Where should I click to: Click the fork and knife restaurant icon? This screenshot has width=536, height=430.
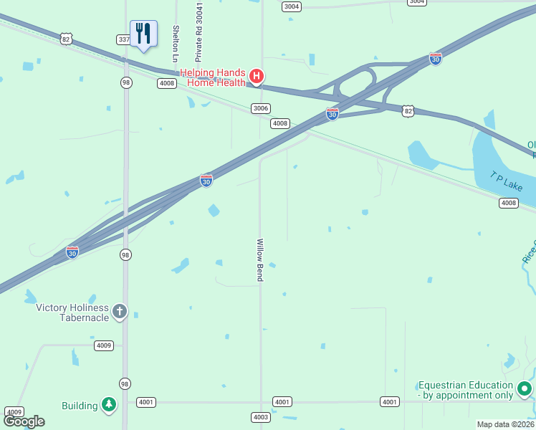tap(143, 34)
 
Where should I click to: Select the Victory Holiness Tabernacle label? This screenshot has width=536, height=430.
tap(72, 312)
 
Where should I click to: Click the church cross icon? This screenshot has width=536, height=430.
tap(120, 311)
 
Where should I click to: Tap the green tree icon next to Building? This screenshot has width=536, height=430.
tap(108, 405)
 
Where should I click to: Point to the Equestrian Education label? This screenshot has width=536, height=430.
tap(466, 390)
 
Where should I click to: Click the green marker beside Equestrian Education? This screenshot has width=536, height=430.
tap(525, 389)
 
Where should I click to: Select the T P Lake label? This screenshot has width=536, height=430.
tap(507, 181)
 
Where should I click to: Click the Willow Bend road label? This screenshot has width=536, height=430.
tap(260, 259)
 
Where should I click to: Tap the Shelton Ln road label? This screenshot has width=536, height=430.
tap(176, 43)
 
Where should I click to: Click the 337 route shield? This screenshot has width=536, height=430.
tap(123, 39)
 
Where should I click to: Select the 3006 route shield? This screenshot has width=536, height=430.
tap(261, 108)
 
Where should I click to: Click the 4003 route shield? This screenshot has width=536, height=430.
tap(260, 417)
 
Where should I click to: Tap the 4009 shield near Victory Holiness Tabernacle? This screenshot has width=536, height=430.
tap(104, 345)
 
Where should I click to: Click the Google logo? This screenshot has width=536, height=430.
tap(24, 421)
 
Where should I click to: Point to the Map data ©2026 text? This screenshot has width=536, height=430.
tap(505, 424)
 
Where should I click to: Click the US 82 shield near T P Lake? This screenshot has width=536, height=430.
tap(408, 110)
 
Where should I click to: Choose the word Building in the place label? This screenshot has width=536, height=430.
tap(80, 406)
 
